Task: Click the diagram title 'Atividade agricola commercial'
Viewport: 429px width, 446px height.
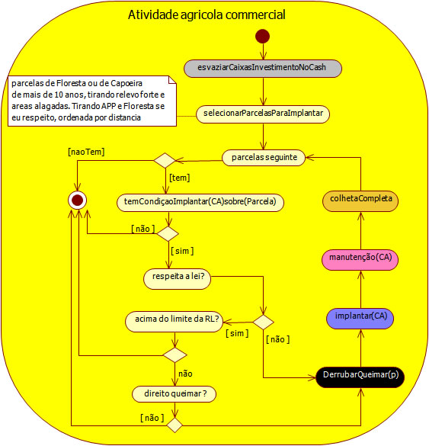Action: click(x=206, y=14)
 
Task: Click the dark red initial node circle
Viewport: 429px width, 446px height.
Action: click(x=263, y=36)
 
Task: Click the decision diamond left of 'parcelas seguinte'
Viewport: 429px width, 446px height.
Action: click(x=165, y=160)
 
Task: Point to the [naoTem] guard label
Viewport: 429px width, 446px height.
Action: click(x=86, y=152)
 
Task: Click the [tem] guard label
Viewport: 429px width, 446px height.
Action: click(x=180, y=178)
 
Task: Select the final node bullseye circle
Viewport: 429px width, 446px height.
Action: click(x=77, y=200)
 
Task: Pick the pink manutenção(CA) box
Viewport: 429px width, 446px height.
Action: click(x=360, y=258)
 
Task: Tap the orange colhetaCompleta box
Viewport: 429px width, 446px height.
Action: click(x=360, y=198)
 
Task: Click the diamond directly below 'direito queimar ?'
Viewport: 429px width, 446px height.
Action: click(x=174, y=422)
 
